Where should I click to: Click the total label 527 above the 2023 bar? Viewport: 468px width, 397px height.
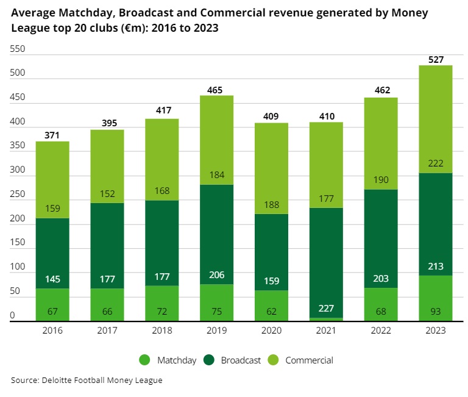pyautogui.click(x=435, y=60)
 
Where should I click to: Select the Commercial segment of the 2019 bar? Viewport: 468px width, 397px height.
pyautogui.click(x=216, y=140)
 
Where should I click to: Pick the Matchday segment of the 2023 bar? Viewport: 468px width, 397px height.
pyautogui.click(x=435, y=298)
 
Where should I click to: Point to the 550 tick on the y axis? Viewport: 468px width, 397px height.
pyautogui.click(x=18, y=49)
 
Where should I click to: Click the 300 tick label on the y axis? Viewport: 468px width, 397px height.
pyautogui.click(x=18, y=170)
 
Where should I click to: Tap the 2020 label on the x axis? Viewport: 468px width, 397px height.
pyautogui.click(x=271, y=330)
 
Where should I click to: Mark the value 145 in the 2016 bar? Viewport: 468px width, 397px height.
pyautogui.click(x=52, y=279)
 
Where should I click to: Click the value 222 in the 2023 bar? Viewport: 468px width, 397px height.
pyautogui.click(x=435, y=163)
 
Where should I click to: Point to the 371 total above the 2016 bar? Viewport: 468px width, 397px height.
pyautogui.click(x=52, y=135)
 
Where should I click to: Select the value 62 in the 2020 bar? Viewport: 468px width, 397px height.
pyautogui.click(x=271, y=312)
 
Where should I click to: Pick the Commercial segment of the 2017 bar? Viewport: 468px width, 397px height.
pyautogui.click(x=107, y=166)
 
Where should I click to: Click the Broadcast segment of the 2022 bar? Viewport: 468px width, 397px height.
pyautogui.click(x=381, y=238)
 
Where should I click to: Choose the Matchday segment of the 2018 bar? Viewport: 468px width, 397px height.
pyautogui.click(x=161, y=303)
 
